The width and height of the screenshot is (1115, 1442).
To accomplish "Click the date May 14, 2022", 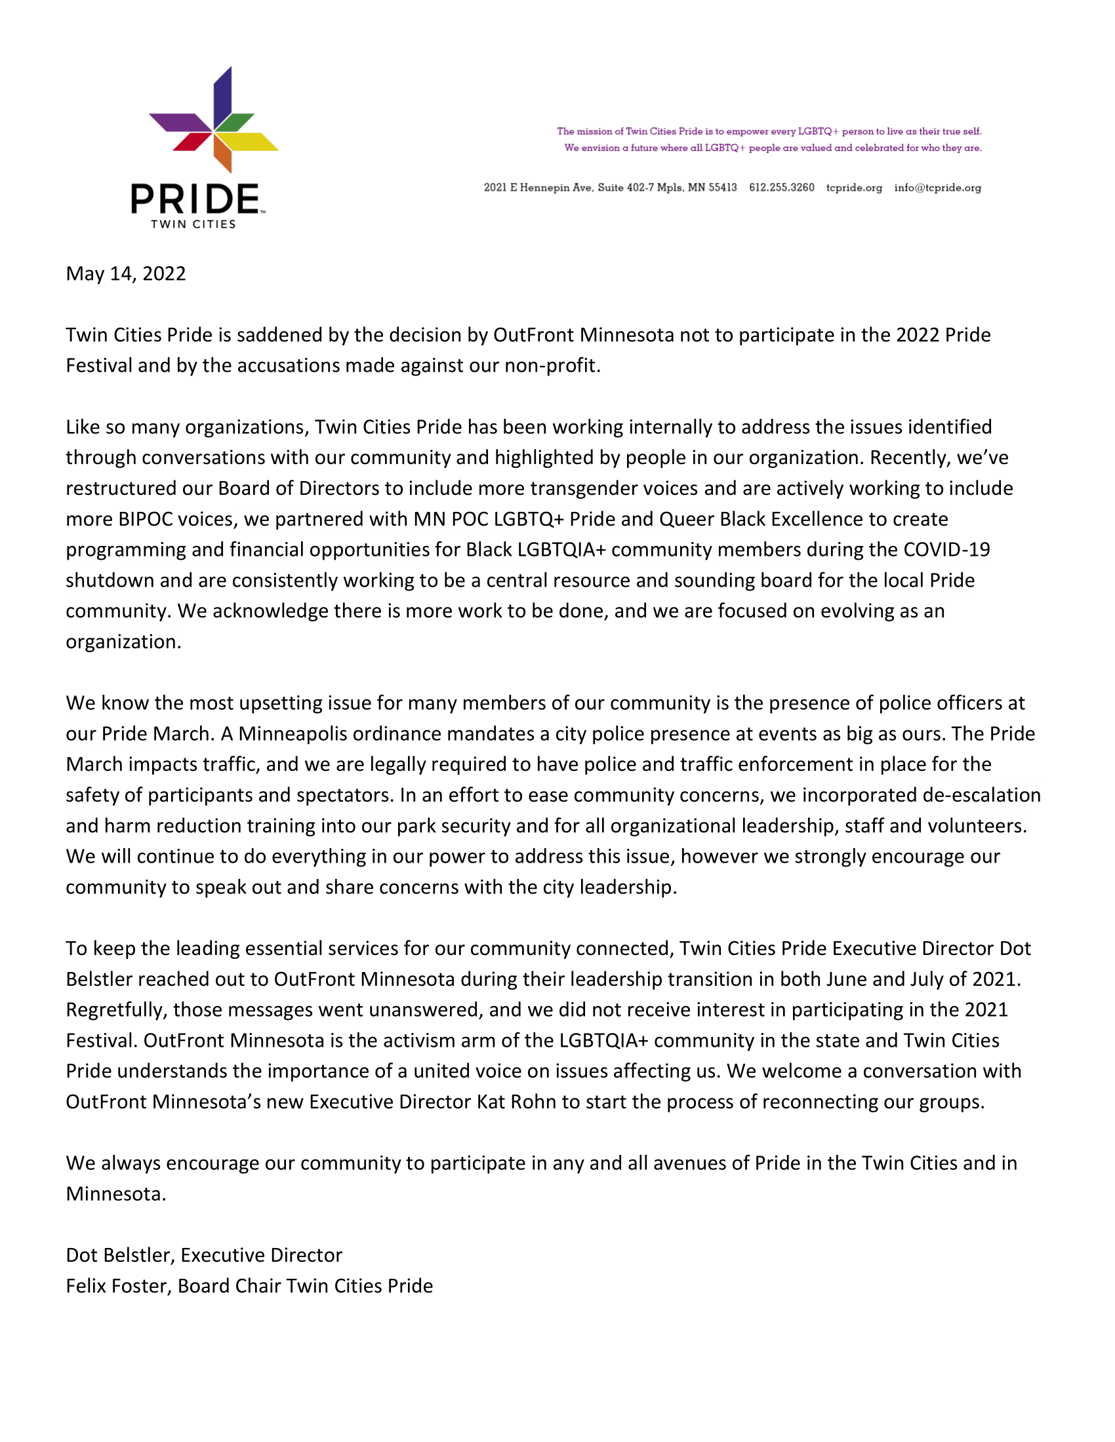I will pos(125,273).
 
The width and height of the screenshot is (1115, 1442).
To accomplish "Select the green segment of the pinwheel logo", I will pos(234,122).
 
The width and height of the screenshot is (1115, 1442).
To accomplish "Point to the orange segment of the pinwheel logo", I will pos(223,153).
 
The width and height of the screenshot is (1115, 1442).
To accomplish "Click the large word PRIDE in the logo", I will pos(195,199).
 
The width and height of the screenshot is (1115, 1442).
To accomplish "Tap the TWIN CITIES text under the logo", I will pos(193,224).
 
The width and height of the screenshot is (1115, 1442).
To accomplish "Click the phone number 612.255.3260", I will pos(781,187).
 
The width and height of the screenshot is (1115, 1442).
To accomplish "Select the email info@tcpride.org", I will pos(937,187).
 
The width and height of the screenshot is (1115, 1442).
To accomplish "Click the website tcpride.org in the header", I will pos(854,187).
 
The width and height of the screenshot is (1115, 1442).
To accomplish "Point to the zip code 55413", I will pos(723,187).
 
